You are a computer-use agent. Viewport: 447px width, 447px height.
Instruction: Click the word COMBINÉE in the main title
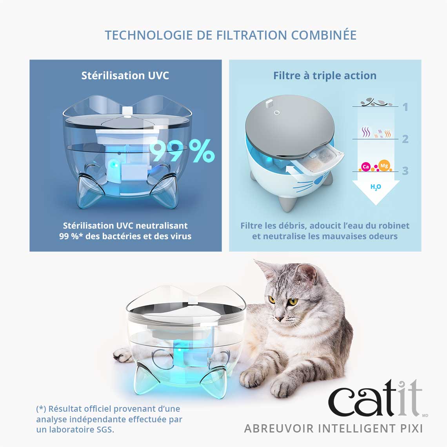(x=323, y=35)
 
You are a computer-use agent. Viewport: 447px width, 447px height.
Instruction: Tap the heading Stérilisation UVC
(x=125, y=76)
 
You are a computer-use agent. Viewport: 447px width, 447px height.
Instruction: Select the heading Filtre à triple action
(x=325, y=76)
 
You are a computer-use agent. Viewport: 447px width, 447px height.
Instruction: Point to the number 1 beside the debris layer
(x=405, y=107)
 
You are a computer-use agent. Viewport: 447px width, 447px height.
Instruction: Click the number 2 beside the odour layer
(x=405, y=139)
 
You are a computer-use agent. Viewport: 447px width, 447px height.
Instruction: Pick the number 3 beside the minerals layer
(x=405, y=171)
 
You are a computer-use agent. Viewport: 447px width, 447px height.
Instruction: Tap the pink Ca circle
(x=366, y=167)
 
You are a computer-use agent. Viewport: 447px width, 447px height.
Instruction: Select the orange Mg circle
(x=384, y=165)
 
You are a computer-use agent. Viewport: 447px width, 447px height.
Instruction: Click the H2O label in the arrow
(x=376, y=187)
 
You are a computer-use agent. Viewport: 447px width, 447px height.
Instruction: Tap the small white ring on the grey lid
(x=276, y=113)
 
